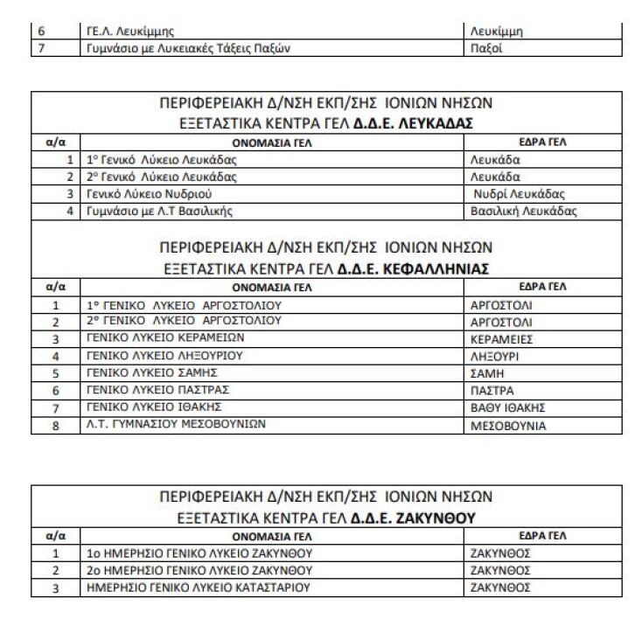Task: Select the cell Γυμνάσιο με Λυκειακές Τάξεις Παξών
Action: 188,48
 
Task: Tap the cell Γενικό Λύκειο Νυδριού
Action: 150,194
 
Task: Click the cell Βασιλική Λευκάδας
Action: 524,211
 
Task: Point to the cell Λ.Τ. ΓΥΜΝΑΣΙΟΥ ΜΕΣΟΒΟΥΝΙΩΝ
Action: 176,425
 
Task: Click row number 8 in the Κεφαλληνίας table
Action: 55,426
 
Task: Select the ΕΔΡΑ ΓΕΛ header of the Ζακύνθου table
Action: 542,535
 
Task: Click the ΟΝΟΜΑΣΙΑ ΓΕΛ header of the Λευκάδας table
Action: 272,142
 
